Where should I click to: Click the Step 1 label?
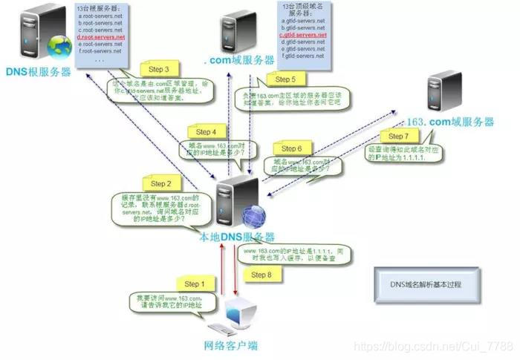(192, 284)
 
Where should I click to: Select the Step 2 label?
(158, 183)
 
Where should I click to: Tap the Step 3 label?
(160, 69)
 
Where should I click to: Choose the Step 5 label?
(285, 79)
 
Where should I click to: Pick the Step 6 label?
(290, 148)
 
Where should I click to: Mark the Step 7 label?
(398, 137)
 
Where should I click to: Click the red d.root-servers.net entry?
(101, 36)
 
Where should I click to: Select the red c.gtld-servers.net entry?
(302, 35)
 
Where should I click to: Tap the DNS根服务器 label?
(39, 71)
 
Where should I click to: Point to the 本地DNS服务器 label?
(236, 237)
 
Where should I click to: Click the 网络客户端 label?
(230, 345)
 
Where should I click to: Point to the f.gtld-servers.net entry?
(302, 56)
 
